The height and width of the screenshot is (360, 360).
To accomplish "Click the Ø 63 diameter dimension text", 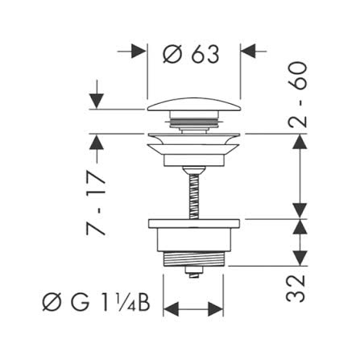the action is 191,55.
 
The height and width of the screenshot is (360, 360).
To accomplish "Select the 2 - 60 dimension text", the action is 297,94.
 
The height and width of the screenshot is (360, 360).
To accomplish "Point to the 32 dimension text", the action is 296,288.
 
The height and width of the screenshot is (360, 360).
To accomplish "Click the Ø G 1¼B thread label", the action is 96,303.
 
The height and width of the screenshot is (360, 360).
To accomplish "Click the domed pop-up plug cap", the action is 194,105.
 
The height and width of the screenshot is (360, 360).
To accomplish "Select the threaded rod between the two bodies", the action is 194,197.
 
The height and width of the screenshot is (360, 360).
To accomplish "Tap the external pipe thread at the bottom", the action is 193,259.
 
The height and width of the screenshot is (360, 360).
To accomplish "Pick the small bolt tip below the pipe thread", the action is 193,272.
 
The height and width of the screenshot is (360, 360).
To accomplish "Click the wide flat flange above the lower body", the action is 193,224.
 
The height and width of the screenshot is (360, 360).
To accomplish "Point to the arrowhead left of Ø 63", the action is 139,51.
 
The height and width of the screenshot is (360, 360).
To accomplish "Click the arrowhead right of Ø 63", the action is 248,51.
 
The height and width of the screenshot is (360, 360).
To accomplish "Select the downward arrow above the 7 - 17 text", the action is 97,101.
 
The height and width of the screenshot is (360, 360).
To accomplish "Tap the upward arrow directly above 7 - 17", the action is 97,142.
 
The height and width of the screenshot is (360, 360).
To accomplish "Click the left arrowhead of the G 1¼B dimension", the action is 172,309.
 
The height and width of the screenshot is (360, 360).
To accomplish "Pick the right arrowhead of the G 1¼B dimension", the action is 215,309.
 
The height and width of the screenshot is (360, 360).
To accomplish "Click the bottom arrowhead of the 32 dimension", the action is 300,259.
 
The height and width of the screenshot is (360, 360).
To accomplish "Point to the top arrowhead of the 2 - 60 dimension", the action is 300,142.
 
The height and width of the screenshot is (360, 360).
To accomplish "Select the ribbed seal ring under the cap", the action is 194,122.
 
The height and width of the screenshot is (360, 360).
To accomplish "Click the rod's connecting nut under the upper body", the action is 194,170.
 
